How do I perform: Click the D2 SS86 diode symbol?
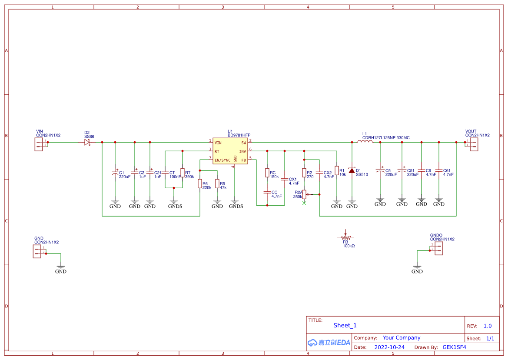87,142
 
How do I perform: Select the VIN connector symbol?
40,144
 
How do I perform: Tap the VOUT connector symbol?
473,144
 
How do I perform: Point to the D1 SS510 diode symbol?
352,170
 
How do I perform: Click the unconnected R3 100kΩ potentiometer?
345,237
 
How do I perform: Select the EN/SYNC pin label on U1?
222,160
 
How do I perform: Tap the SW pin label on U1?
243,143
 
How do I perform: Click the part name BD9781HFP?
239,136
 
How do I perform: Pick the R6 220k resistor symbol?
199,184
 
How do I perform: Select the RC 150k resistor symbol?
267,173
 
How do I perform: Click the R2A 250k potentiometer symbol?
304,194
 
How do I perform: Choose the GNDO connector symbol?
438,248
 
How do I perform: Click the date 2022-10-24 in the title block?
389,347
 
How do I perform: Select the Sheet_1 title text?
345,325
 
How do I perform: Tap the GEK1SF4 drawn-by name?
454,347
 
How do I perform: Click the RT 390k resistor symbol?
182,173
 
